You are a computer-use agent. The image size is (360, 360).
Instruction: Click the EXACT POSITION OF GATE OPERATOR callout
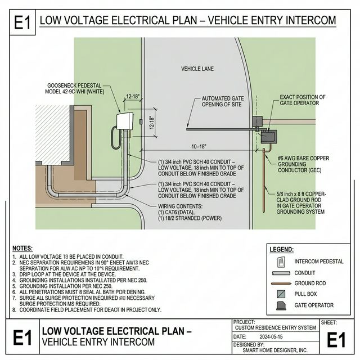coord(302,101)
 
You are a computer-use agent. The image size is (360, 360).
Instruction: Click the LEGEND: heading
coord(282,249)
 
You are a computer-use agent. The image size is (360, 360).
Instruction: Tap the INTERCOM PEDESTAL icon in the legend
coord(281,262)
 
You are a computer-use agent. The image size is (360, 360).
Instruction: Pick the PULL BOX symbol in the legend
coord(281,294)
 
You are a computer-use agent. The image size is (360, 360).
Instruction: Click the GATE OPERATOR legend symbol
coord(281,305)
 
